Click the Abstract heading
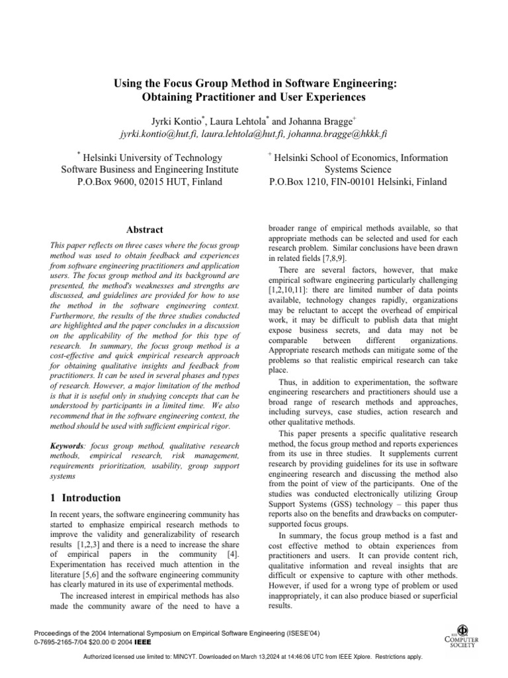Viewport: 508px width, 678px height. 145,230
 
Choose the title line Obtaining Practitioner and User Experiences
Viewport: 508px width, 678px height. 254,97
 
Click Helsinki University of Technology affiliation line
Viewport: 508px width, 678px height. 151,158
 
